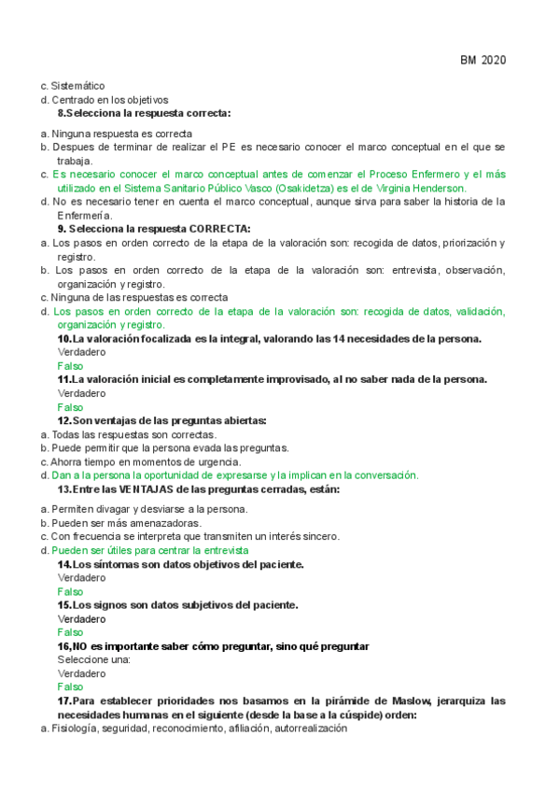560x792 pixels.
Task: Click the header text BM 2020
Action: [x=483, y=61]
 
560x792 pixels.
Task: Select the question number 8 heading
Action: [x=145, y=112]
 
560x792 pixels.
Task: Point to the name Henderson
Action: [x=436, y=188]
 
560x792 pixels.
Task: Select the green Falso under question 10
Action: [x=70, y=366]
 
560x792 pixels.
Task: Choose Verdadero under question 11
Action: [x=81, y=393]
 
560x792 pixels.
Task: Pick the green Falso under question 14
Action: [x=70, y=591]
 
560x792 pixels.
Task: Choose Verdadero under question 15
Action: [x=81, y=618]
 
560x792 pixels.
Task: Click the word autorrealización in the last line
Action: [x=310, y=728]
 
